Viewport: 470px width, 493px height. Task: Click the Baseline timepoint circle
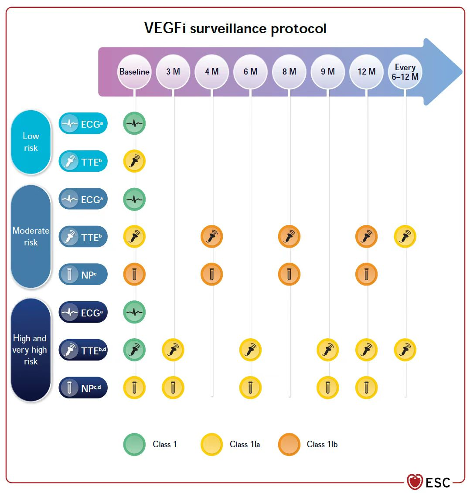pyautogui.click(x=134, y=71)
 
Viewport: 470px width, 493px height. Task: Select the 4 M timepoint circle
pyautogui.click(x=212, y=71)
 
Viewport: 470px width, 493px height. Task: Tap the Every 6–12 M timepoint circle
pyautogui.click(x=405, y=71)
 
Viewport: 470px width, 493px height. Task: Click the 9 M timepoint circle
pyautogui.click(x=328, y=71)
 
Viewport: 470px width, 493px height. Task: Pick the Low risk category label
pyautogui.click(x=31, y=142)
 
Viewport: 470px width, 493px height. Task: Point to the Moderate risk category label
pyautogui.click(x=31, y=236)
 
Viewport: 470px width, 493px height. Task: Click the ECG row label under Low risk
pyautogui.click(x=83, y=124)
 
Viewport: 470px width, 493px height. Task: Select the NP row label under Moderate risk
pyautogui.click(x=83, y=275)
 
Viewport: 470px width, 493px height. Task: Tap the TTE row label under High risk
pyautogui.click(x=83, y=350)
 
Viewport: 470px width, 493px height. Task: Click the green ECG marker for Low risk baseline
pyautogui.click(x=134, y=124)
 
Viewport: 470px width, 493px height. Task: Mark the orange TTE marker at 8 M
pyautogui.click(x=289, y=237)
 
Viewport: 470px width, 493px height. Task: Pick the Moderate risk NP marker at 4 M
pyautogui.click(x=212, y=275)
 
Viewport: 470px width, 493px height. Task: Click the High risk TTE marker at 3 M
pyautogui.click(x=173, y=350)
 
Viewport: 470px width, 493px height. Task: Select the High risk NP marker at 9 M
pyautogui.click(x=328, y=388)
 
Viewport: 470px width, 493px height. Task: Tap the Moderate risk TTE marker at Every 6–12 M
pyautogui.click(x=405, y=237)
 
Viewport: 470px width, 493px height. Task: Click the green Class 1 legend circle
pyautogui.click(x=134, y=445)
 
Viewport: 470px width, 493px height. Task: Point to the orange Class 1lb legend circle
pyautogui.click(x=289, y=445)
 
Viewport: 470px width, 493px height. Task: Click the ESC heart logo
pyautogui.click(x=415, y=482)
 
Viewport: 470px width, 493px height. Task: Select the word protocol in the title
pyautogui.click(x=299, y=29)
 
